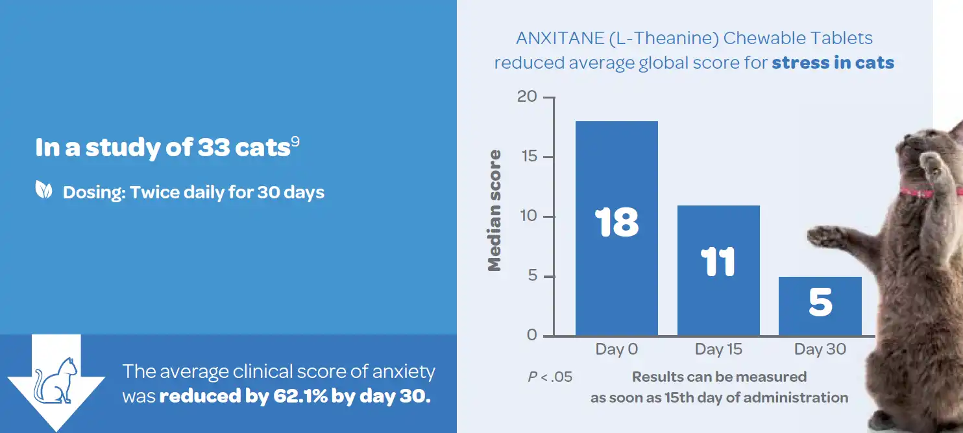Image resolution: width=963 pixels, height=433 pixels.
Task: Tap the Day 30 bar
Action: pyautogui.click(x=820, y=318)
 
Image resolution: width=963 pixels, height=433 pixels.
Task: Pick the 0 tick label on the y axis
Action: pyautogui.click(x=532, y=335)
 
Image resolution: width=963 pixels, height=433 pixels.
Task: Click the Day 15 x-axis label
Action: pyautogui.click(x=718, y=349)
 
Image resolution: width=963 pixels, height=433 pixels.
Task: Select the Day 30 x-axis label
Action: pyautogui.click(x=820, y=349)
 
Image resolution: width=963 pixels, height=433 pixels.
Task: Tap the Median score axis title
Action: pyautogui.click(x=495, y=210)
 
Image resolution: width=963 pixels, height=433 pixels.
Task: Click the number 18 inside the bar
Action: pyautogui.click(x=616, y=222)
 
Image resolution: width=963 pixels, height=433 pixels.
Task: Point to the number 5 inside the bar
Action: pyautogui.click(x=820, y=303)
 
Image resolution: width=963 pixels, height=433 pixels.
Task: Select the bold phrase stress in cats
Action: pyautogui.click(x=833, y=63)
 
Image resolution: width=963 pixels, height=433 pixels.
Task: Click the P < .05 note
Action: pyautogui.click(x=550, y=377)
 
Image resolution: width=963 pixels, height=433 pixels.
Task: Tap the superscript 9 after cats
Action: pyautogui.click(x=295, y=142)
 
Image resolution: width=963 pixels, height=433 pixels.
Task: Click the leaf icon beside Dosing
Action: pyautogui.click(x=44, y=191)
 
